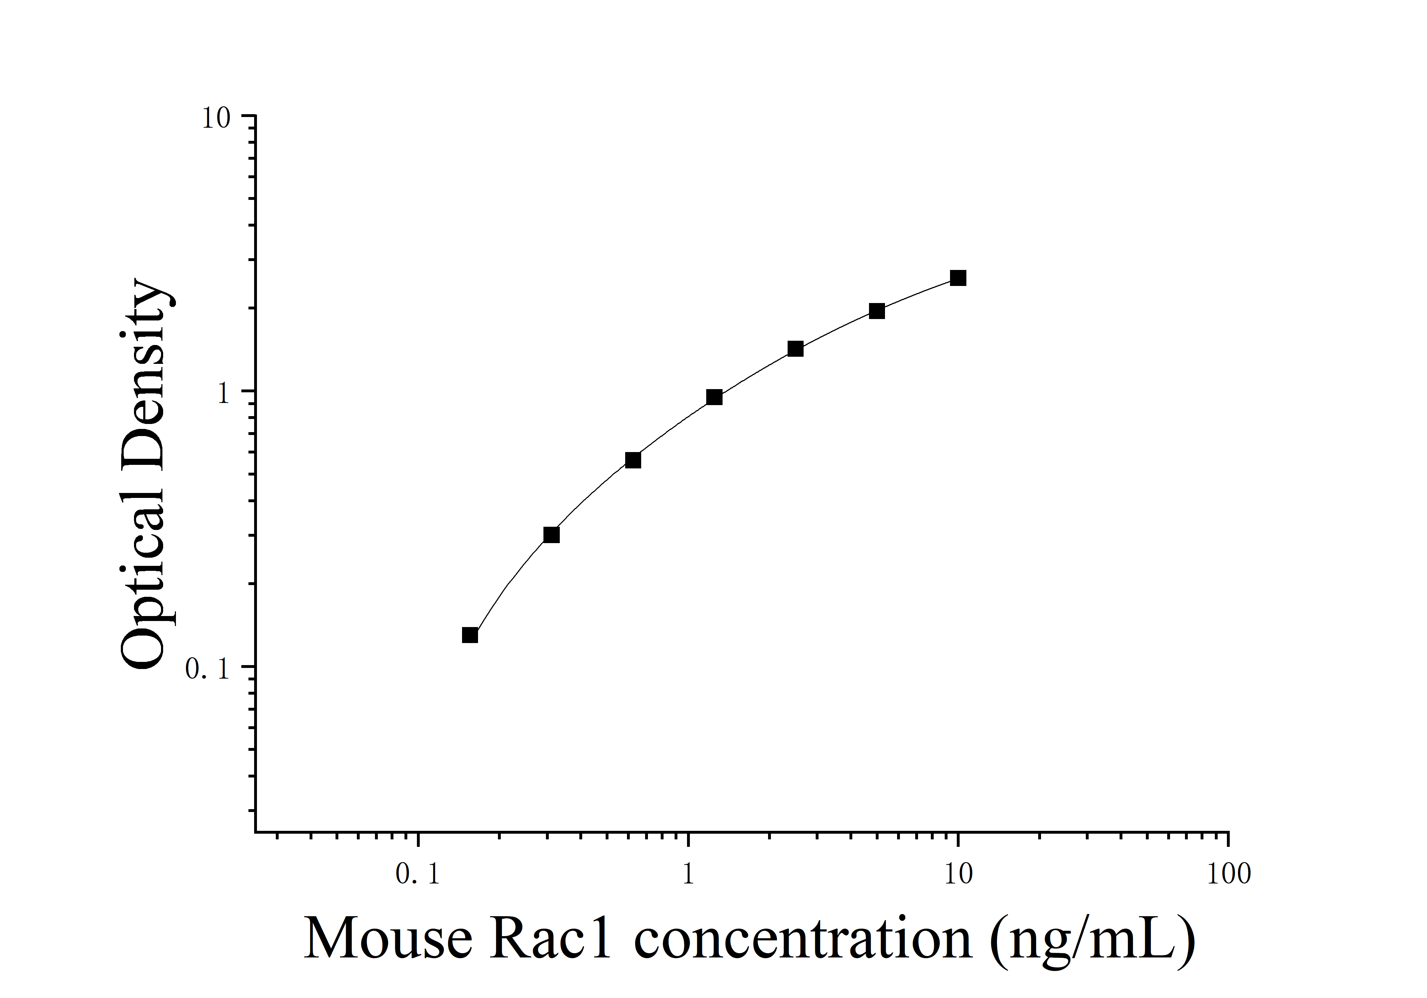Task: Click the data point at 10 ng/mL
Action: [x=958, y=278]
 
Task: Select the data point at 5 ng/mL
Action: [x=876, y=311]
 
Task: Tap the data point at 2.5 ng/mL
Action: [x=795, y=349]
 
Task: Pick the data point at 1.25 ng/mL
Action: [x=714, y=397]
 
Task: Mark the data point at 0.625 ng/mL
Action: [x=633, y=460]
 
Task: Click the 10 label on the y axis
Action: [x=216, y=118]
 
